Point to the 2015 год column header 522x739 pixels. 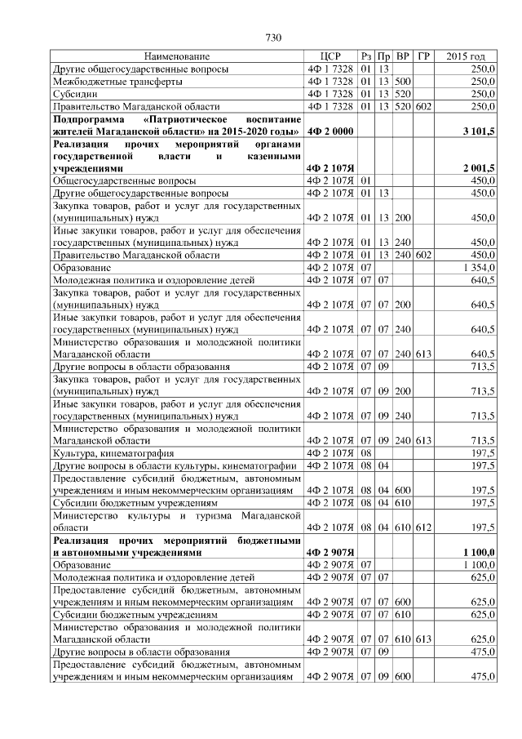tap(466, 56)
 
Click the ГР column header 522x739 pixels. tap(423, 56)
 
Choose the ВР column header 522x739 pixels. tap(402, 56)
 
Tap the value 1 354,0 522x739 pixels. tap(478, 267)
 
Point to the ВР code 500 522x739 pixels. tap(402, 82)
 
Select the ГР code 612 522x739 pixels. tap(423, 528)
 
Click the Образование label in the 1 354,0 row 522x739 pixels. tap(83, 267)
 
